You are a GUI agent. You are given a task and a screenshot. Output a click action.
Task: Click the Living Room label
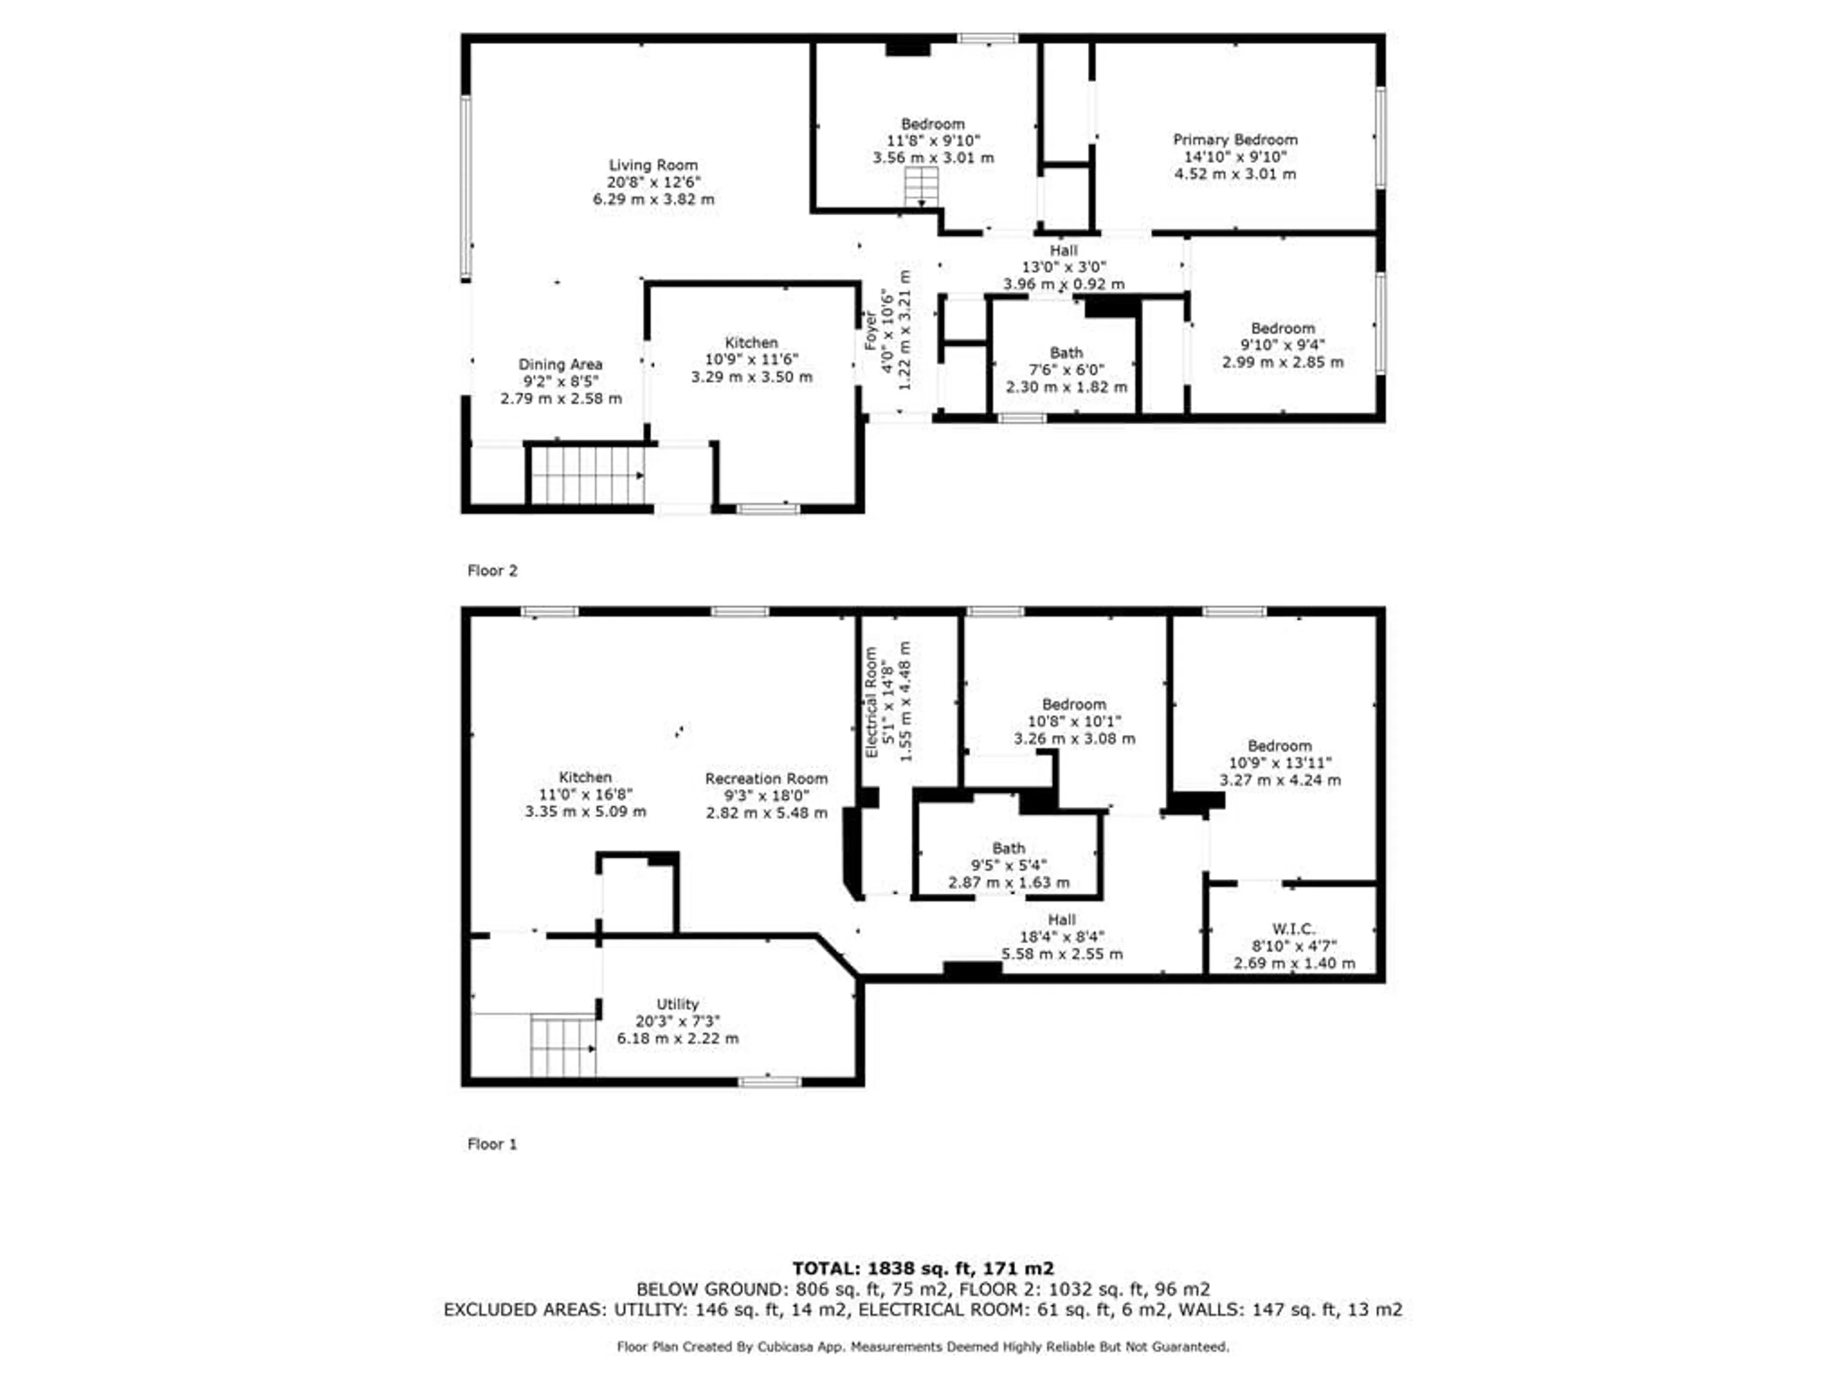click(x=653, y=165)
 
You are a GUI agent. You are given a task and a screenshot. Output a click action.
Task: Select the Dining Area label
click(x=560, y=365)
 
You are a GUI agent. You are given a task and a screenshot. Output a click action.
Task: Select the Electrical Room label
click(x=872, y=703)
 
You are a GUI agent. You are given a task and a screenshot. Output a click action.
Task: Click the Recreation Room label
click(x=766, y=778)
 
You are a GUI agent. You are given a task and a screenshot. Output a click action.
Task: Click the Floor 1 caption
click(x=492, y=1144)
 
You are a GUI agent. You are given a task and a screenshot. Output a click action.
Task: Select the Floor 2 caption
click(x=492, y=570)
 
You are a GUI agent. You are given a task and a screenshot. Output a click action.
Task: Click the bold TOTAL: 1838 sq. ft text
click(x=922, y=1268)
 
